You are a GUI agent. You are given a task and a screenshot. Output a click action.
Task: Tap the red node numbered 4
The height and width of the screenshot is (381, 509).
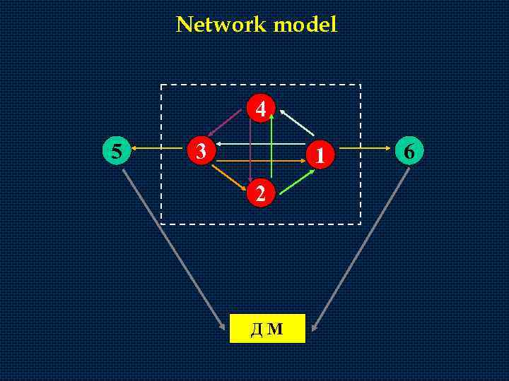[261, 109]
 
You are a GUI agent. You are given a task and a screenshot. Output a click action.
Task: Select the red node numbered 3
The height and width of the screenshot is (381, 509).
[201, 150]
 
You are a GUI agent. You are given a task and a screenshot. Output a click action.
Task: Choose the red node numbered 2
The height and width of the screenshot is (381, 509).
[261, 193]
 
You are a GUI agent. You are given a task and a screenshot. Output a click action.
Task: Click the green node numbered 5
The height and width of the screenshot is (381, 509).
[116, 150]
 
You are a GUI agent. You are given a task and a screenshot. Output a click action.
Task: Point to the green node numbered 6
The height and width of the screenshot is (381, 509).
[409, 150]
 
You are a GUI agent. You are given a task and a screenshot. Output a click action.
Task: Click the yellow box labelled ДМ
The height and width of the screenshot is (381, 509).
[267, 328]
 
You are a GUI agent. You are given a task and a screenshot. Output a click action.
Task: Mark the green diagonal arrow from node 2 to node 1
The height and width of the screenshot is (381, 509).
[293, 178]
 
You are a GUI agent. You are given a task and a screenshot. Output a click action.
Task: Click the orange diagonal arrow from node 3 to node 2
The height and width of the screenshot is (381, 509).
[230, 176]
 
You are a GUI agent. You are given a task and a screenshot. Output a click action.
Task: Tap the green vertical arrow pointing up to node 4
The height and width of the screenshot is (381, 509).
[272, 145]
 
